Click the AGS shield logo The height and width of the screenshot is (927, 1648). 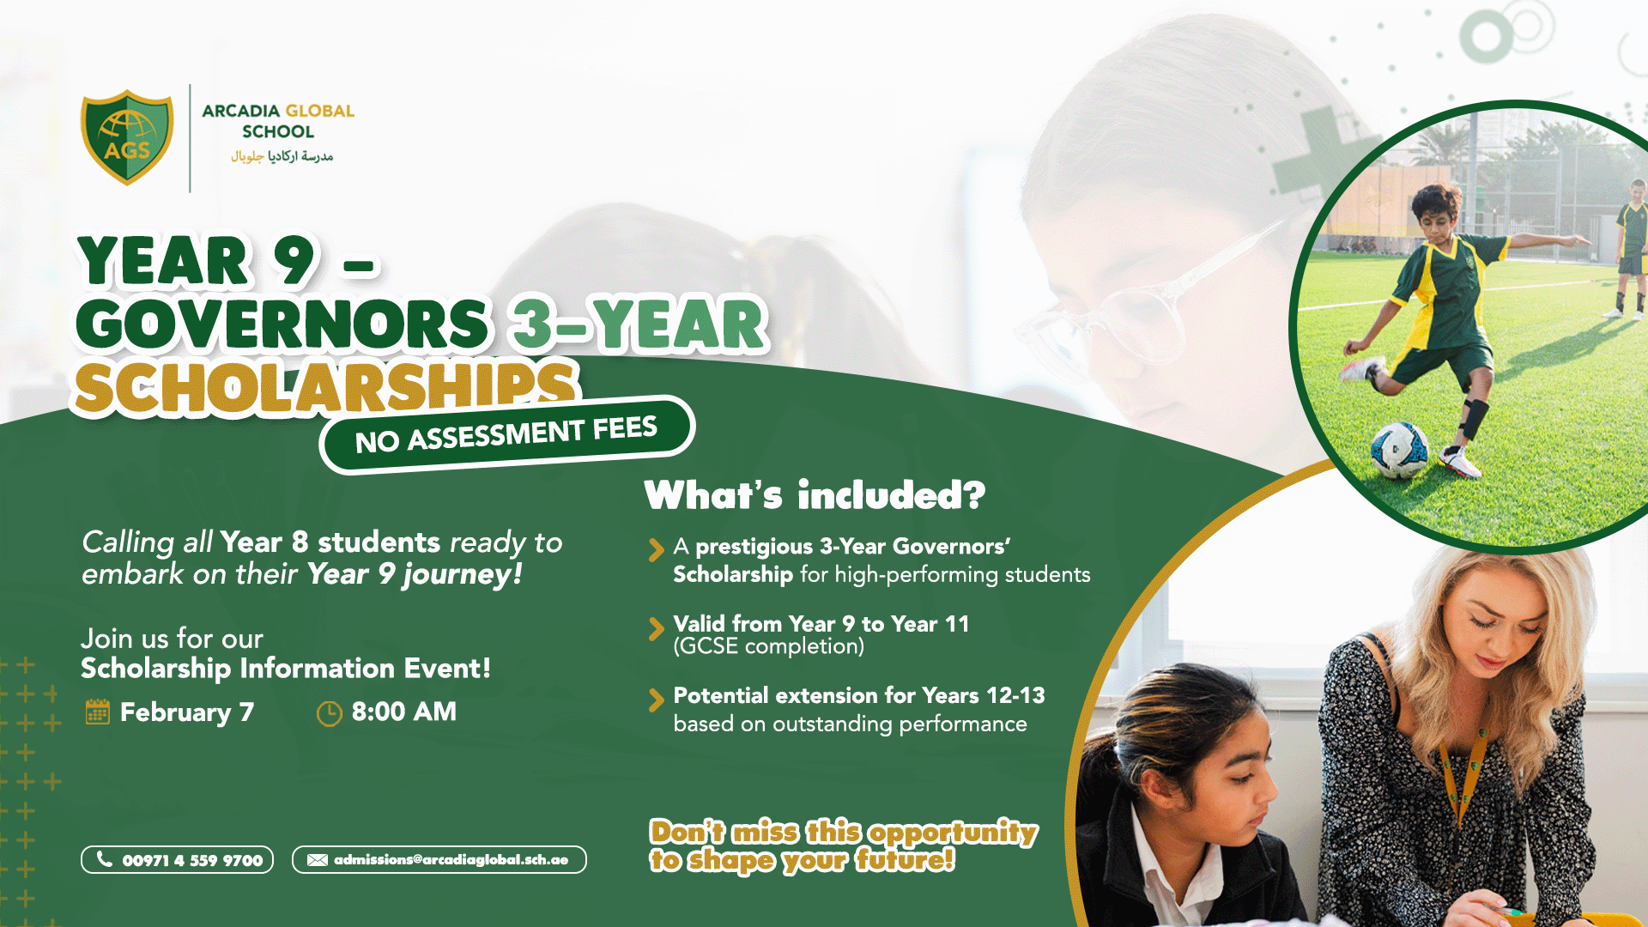click(x=127, y=137)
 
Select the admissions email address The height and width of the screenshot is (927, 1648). click(x=451, y=860)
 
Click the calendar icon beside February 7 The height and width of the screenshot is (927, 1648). click(x=98, y=712)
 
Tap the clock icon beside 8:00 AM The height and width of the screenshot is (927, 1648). click(x=329, y=713)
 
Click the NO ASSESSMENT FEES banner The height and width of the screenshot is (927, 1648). click(x=506, y=434)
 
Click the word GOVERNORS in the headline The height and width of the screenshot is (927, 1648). click(x=283, y=325)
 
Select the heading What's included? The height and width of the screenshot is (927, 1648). click(x=815, y=495)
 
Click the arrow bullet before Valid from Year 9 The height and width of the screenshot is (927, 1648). click(x=657, y=628)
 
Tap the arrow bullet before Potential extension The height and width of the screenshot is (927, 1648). click(x=657, y=700)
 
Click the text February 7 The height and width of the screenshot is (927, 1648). click(x=186, y=712)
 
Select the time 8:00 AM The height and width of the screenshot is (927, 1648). click(x=403, y=712)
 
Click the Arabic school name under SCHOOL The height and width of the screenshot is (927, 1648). click(x=282, y=156)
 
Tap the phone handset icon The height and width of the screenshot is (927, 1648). click(x=105, y=859)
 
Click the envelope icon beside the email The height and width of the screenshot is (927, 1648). click(x=317, y=860)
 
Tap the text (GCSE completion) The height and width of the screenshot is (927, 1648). click(x=768, y=646)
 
